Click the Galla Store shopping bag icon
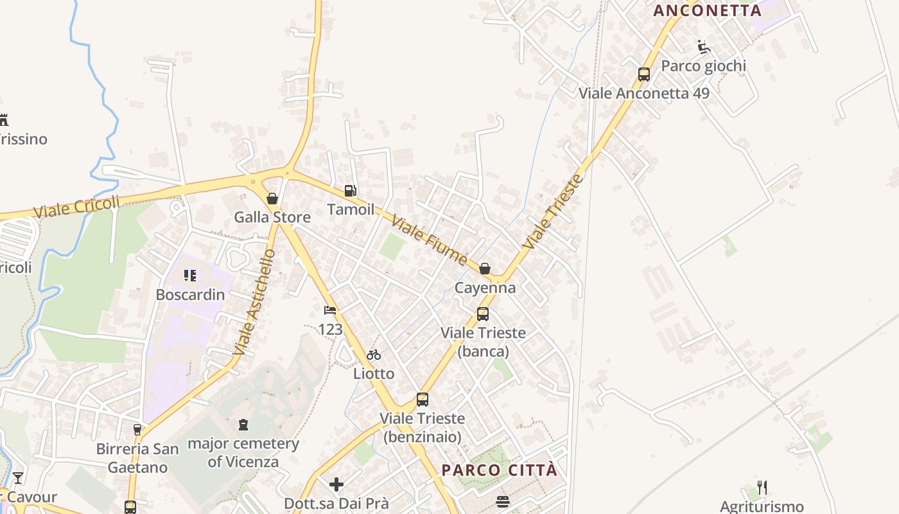(272, 199)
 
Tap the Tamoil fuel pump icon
(350, 191)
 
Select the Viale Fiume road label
(428, 241)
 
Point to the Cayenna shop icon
(485, 269)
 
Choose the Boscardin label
(190, 295)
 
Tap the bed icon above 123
(330, 311)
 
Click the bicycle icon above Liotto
(374, 355)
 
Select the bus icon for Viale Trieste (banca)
(483, 314)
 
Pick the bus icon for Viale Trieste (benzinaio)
(422, 400)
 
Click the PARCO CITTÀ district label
(500, 470)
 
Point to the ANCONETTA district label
(707, 10)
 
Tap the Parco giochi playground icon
(704, 47)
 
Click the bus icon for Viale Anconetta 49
(644, 75)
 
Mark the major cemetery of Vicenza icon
(243, 425)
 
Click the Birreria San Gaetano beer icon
(137, 430)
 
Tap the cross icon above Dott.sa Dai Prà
(336, 484)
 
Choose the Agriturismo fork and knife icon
(762, 488)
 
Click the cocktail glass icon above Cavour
(18, 478)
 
